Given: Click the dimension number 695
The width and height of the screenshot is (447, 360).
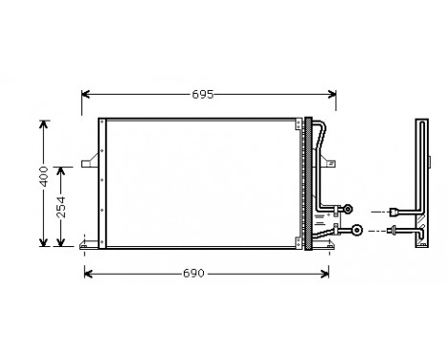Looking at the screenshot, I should tap(202, 95).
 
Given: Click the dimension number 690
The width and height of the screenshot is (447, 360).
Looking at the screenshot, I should tap(194, 274).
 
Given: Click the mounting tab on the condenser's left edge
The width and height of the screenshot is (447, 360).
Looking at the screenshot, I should tap(92, 164).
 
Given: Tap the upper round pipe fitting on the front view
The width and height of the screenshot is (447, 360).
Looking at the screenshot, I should tap(348, 209).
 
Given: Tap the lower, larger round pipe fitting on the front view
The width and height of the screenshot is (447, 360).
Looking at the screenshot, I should tap(357, 230).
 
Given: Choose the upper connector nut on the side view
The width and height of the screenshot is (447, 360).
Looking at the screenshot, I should tap(395, 211).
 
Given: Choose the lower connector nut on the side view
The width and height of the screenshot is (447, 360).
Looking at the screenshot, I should tap(393, 230).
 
